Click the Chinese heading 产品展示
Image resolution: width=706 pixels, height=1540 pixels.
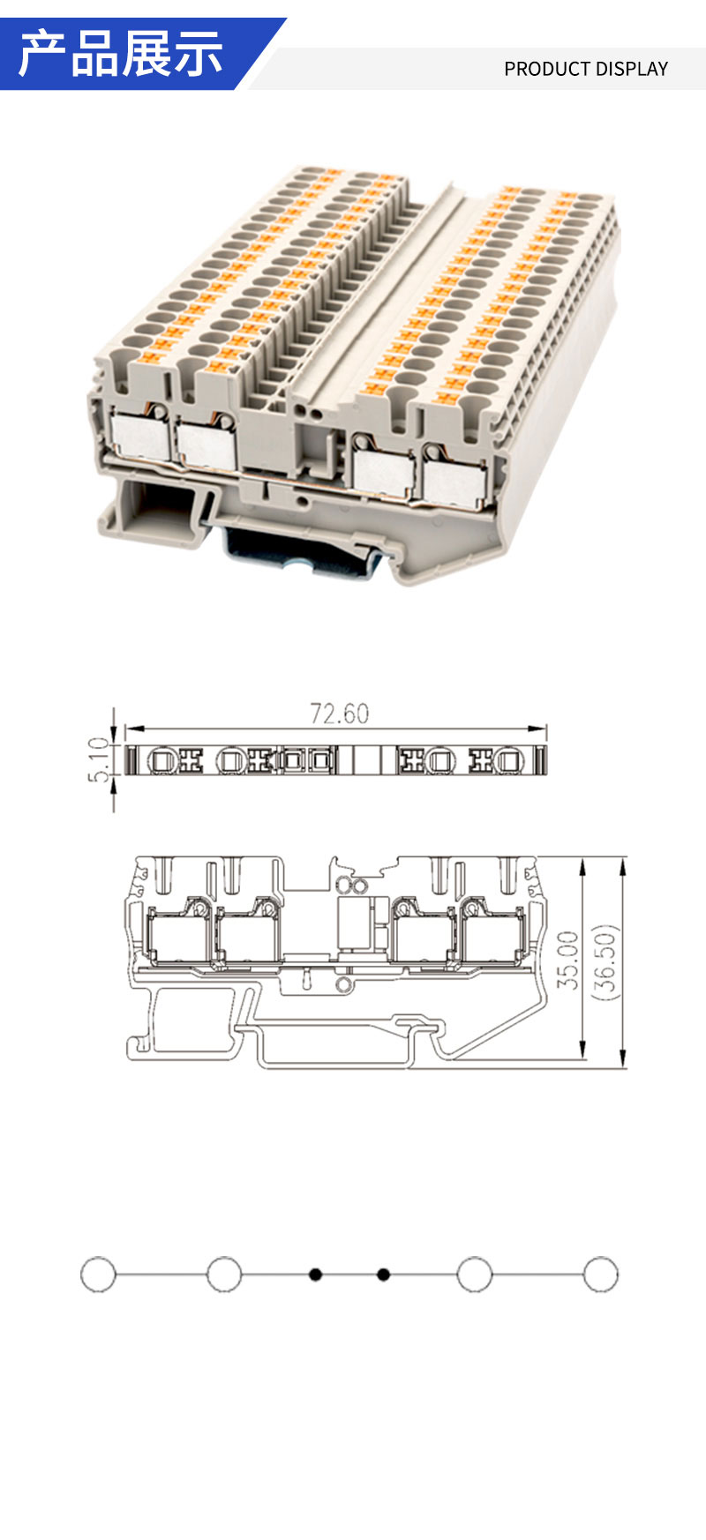120,53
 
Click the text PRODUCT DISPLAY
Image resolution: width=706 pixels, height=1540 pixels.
586,69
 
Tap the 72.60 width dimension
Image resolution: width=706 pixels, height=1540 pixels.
339,713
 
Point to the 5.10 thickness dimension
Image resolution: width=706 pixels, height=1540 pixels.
101,759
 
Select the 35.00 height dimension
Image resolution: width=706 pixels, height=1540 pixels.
568,960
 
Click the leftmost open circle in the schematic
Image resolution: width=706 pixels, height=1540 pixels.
98,1275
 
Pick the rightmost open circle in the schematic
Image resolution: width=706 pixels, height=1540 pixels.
600,1275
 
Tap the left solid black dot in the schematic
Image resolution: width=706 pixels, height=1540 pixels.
315,1275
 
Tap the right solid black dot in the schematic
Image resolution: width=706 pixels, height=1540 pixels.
383,1275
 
